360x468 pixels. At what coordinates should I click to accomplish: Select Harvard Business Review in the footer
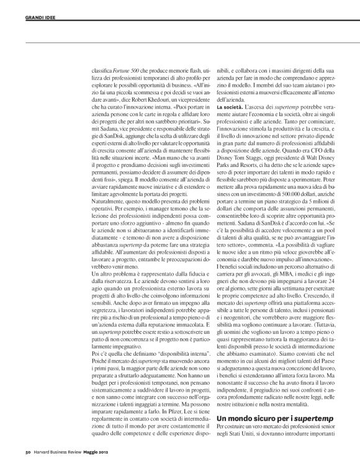63,460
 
